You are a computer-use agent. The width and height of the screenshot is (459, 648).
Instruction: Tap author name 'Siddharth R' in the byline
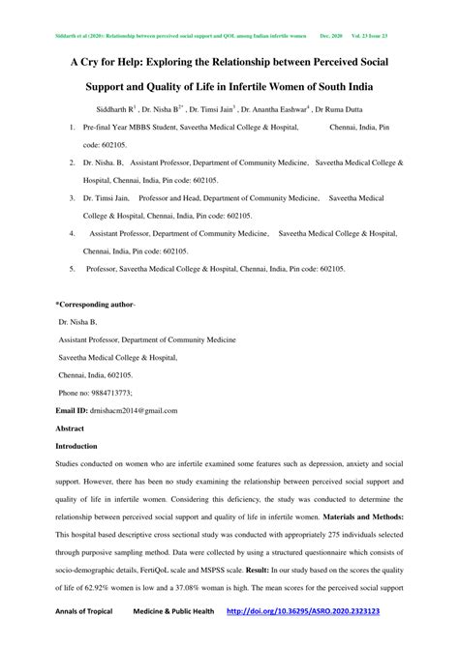pos(116,109)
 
